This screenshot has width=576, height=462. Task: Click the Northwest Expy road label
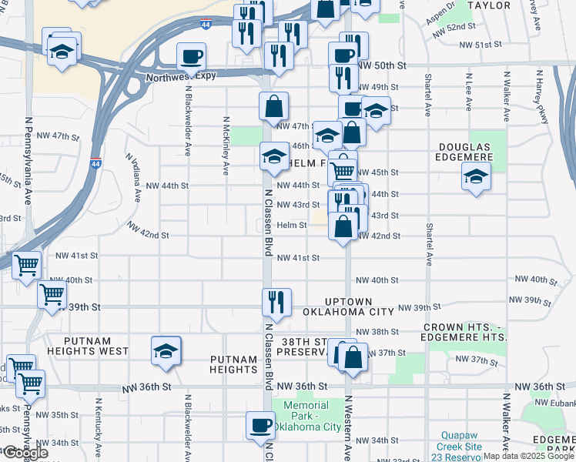(185, 75)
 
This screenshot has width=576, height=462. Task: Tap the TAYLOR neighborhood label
(490, 5)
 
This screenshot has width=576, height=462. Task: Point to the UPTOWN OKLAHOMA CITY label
(358, 306)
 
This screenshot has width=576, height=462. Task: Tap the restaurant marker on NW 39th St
(276, 303)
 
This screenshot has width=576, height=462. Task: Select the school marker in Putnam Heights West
(166, 351)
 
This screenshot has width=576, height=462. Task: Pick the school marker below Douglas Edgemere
(476, 177)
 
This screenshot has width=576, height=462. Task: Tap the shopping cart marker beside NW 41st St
(26, 266)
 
